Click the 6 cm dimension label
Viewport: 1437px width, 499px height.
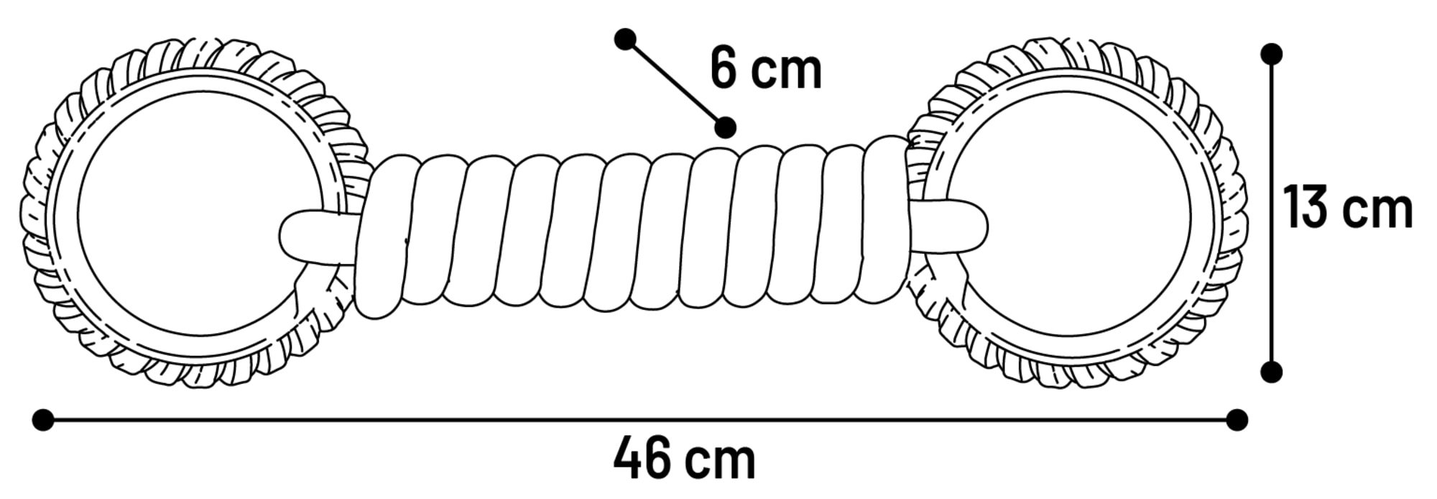765,69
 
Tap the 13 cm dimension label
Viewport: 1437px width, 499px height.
1348,207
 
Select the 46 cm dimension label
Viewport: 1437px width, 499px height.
684,457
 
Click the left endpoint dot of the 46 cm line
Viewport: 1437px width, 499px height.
43,420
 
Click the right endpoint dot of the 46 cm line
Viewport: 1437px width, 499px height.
1237,420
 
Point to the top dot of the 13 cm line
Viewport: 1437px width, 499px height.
1271,54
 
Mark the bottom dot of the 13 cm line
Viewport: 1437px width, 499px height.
1271,372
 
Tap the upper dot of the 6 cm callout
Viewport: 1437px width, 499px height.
625,39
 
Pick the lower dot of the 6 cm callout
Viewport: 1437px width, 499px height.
726,127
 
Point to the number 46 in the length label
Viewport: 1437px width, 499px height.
639,457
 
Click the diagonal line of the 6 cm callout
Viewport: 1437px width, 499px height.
675,83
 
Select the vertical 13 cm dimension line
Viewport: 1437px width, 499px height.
1271,213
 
